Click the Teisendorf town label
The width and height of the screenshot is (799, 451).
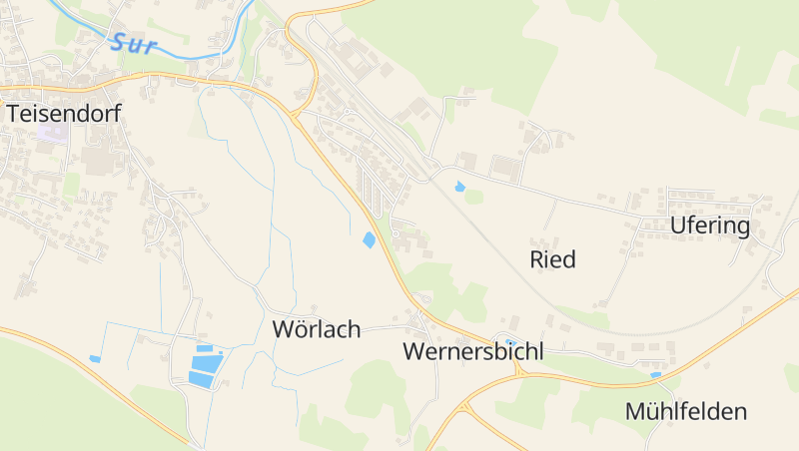coord(63,114)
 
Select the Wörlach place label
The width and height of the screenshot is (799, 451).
coord(316,329)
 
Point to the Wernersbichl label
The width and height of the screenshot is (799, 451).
coord(473,351)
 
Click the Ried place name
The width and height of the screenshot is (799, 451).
coord(552,260)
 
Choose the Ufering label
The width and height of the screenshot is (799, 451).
coord(710,225)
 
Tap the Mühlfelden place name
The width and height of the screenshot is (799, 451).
coord(685,411)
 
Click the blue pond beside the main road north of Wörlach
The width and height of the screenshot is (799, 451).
coord(370,239)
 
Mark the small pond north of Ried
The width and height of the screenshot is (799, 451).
coord(459,186)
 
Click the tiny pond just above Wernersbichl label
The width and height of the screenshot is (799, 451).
coord(510,341)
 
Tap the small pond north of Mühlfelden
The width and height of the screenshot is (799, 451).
coord(655,374)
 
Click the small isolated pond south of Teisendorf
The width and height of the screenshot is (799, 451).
coord(95,358)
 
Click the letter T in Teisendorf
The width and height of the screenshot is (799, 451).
coord(14,114)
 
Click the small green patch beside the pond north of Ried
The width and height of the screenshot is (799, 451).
coord(472,196)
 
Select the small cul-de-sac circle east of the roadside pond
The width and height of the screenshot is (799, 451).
coord(397,234)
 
